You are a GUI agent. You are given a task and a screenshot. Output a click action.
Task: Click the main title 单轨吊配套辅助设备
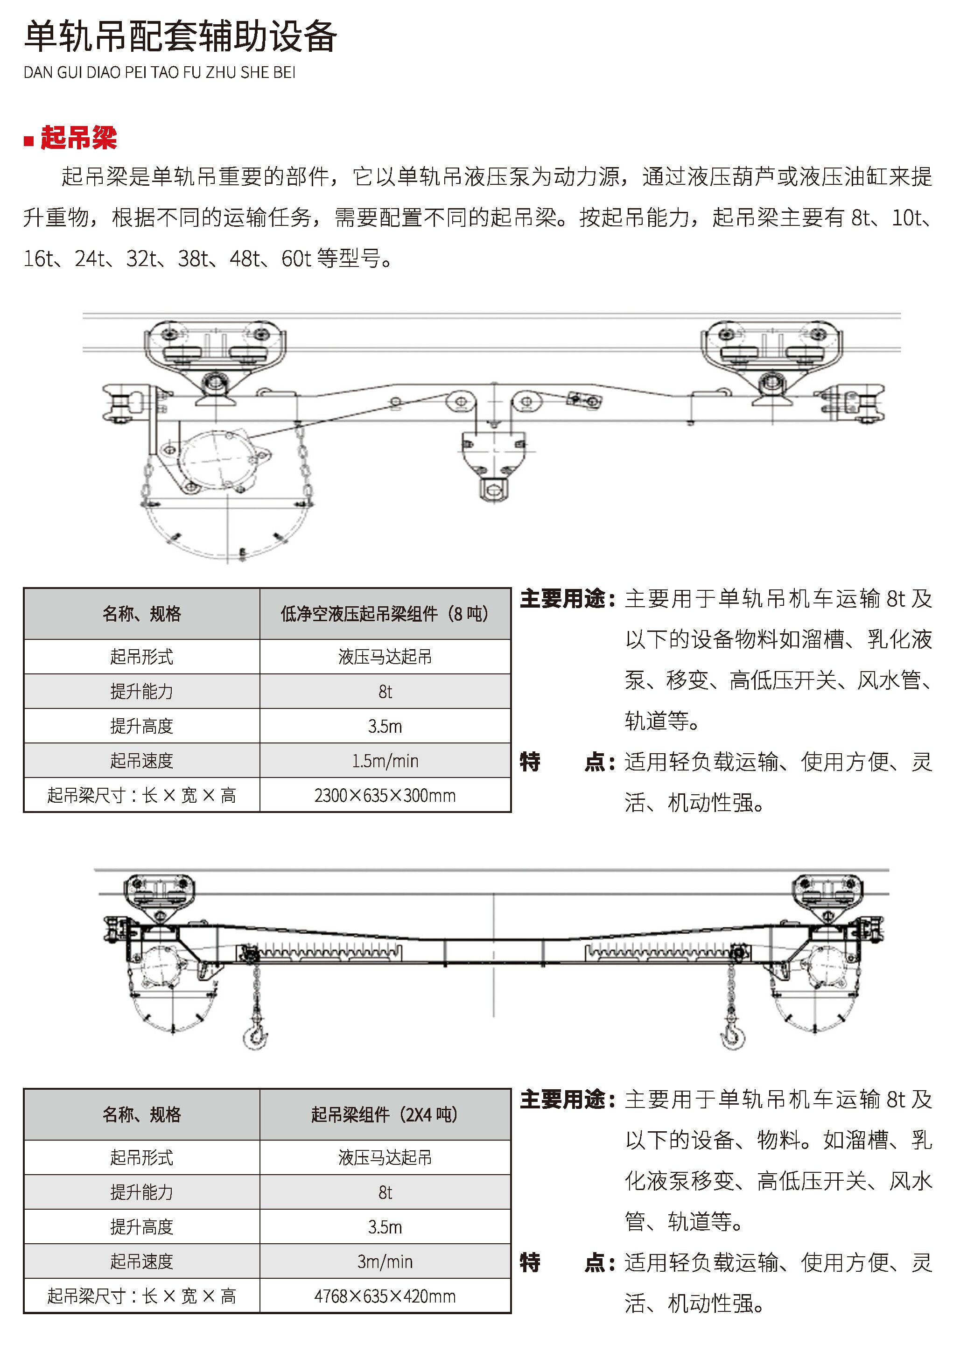(180, 36)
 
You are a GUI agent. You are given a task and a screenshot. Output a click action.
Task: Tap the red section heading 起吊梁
(78, 138)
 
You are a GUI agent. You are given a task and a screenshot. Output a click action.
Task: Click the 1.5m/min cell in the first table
(385, 761)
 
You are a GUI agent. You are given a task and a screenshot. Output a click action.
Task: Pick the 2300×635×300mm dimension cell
(385, 796)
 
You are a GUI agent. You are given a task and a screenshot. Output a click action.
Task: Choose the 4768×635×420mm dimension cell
(385, 1296)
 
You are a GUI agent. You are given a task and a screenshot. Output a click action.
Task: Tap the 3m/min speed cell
(385, 1261)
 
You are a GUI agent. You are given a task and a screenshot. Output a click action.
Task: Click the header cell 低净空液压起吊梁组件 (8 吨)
(385, 614)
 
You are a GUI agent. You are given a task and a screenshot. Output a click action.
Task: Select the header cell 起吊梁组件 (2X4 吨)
(385, 1114)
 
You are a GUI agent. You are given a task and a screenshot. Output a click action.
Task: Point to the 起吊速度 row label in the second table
(141, 1261)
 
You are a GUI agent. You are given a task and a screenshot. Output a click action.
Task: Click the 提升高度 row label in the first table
(141, 727)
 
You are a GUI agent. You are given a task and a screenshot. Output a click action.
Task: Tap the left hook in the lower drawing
(255, 1035)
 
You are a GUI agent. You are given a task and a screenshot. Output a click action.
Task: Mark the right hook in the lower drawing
(733, 1035)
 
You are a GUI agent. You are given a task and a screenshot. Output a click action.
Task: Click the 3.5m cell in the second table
(385, 1227)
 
